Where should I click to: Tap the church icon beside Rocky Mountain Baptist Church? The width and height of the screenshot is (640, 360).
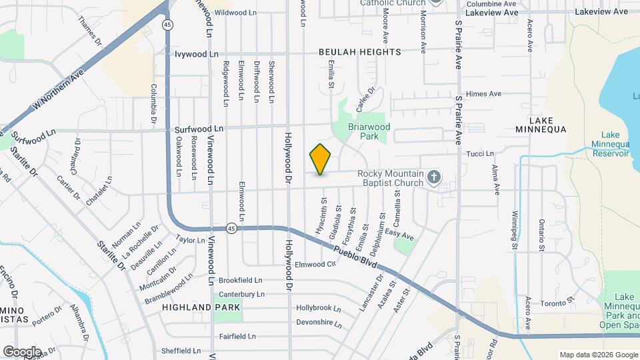click(x=434, y=177)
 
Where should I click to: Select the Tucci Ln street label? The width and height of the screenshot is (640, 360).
click(x=480, y=153)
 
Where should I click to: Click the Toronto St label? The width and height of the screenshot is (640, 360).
click(x=557, y=303)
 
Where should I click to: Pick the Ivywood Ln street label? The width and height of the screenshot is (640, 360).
click(x=196, y=54)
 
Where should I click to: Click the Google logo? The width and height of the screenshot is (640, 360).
click(x=22, y=351)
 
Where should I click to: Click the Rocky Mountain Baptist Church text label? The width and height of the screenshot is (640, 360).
click(x=390, y=178)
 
